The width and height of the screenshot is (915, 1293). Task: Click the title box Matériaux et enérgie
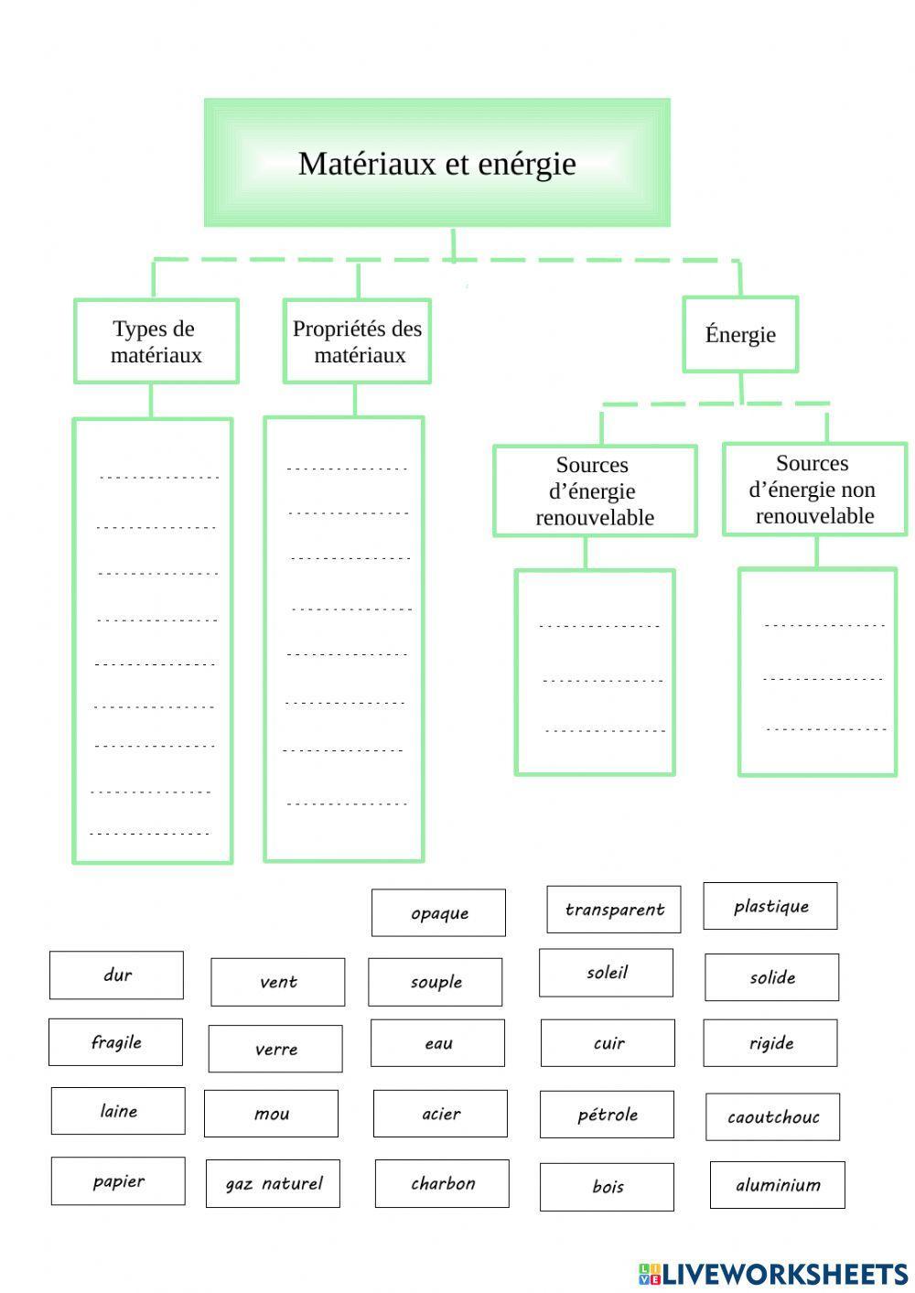click(436, 163)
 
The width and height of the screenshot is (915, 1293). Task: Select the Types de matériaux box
click(156, 341)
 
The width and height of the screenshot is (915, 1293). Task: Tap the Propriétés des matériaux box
click(357, 341)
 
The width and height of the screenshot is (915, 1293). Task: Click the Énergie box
click(740, 335)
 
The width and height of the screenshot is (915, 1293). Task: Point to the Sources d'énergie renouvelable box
click(595, 491)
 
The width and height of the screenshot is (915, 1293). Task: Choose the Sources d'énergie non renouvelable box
click(814, 490)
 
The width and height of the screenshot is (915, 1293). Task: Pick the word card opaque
click(438, 913)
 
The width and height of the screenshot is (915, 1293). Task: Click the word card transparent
click(613, 910)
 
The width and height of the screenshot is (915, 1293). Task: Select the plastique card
click(770, 906)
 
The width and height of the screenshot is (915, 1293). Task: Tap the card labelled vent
click(278, 982)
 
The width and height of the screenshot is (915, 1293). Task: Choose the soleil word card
click(606, 973)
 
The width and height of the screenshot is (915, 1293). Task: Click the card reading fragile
click(115, 1042)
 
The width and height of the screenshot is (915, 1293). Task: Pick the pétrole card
click(607, 1115)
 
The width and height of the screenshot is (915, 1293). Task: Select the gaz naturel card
click(273, 1184)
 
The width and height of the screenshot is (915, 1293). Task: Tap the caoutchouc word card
click(772, 1117)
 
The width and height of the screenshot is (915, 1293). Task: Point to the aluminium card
click(778, 1185)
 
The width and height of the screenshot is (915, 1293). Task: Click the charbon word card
click(442, 1183)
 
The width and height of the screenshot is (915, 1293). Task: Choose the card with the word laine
click(118, 1111)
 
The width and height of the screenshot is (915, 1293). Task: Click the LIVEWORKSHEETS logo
click(772, 1274)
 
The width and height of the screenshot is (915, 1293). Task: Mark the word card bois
click(607, 1187)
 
